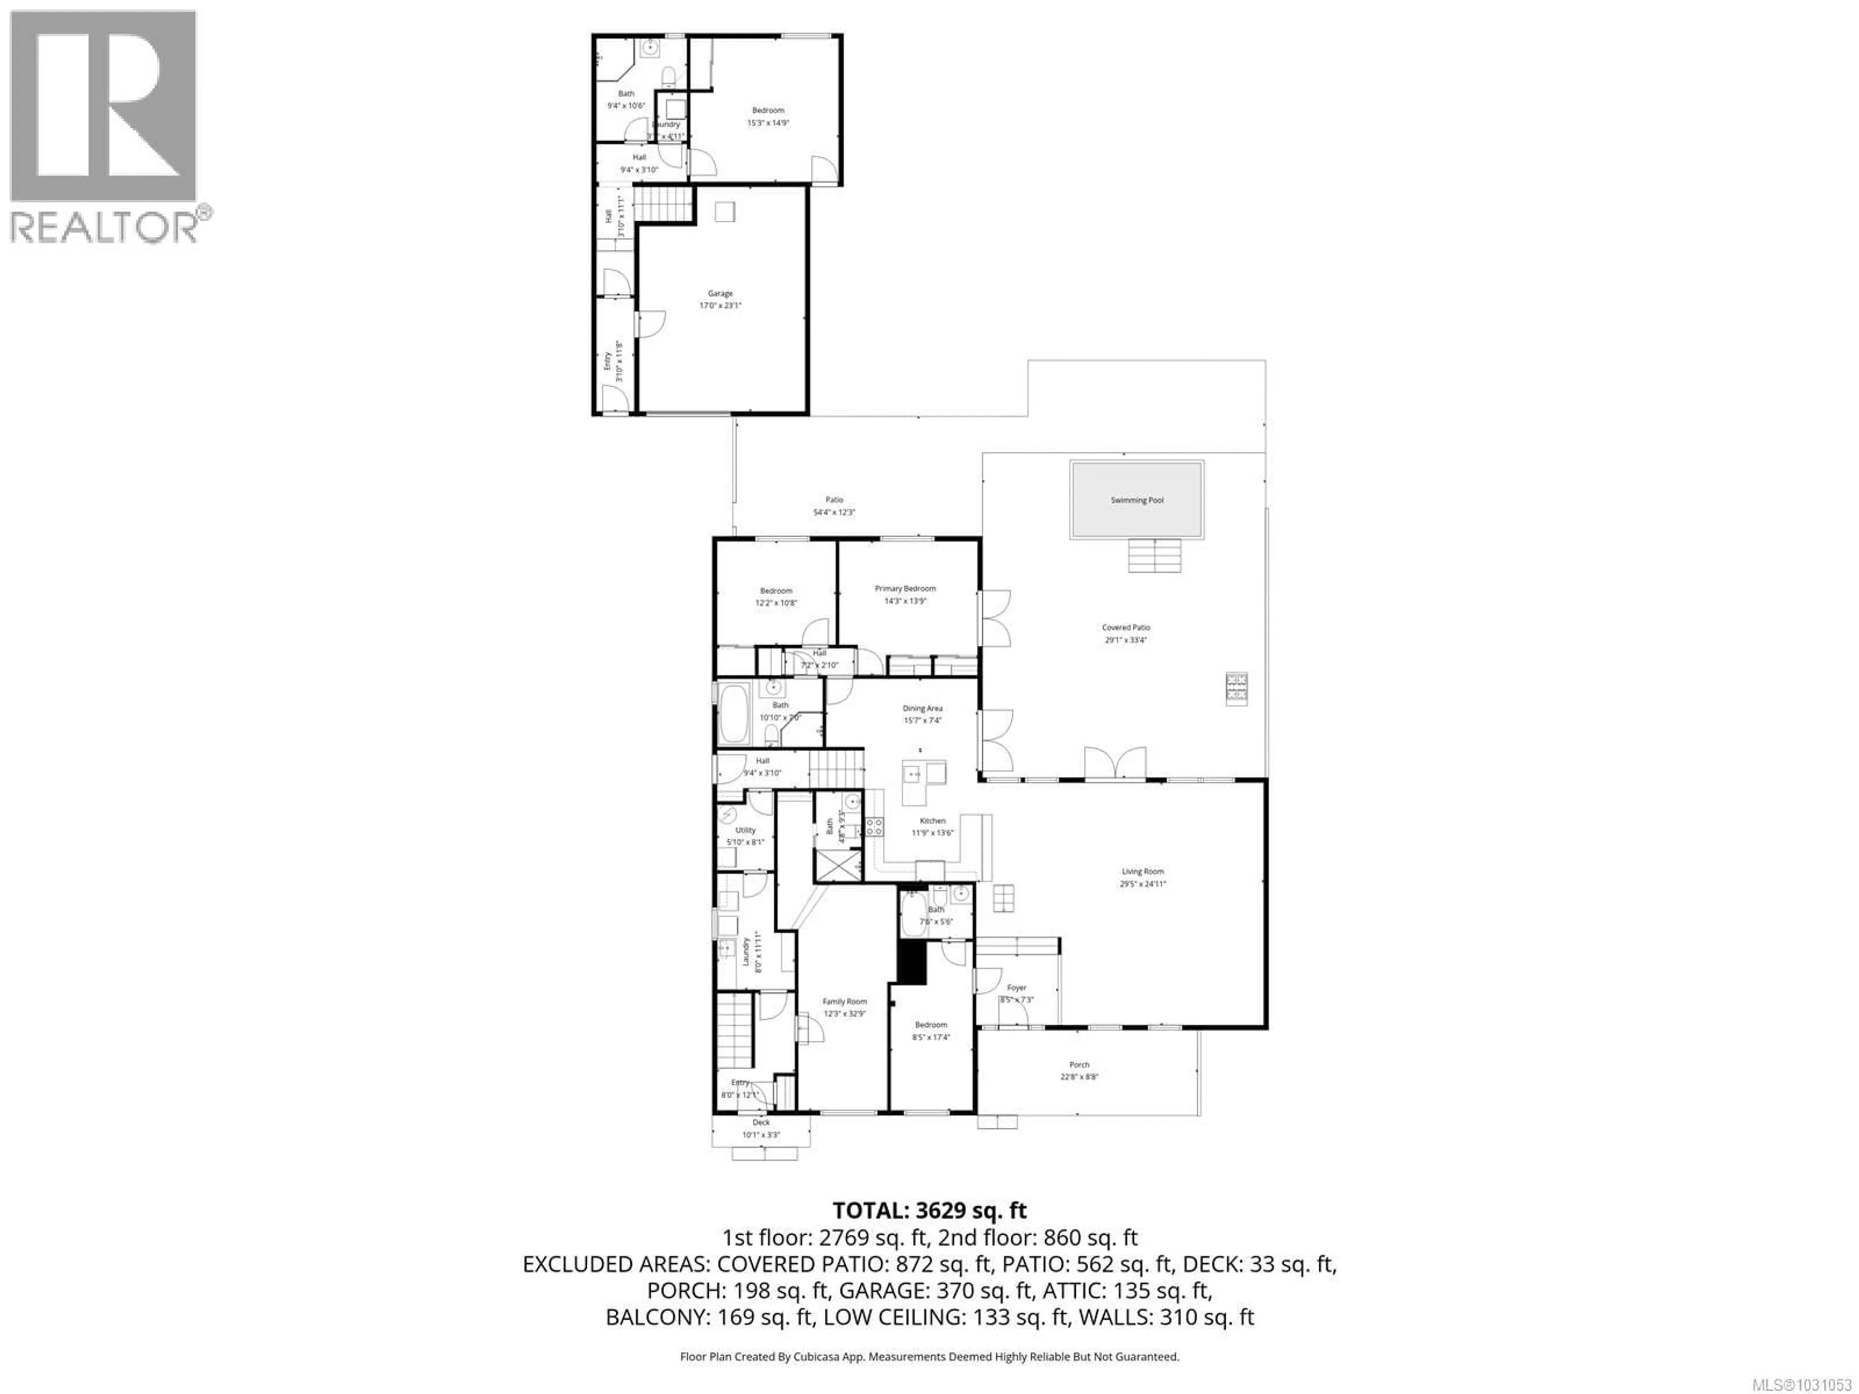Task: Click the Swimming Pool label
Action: pyautogui.click(x=1137, y=500)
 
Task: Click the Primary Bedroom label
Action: pyautogui.click(x=905, y=588)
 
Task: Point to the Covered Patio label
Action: pyautogui.click(x=1126, y=627)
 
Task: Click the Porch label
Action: pyautogui.click(x=1079, y=1064)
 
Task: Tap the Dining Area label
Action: pyautogui.click(x=922, y=708)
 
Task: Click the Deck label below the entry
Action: pyautogui.click(x=761, y=1122)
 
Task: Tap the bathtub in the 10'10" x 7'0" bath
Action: pyautogui.click(x=734, y=714)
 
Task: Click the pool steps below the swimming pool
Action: pyautogui.click(x=1155, y=555)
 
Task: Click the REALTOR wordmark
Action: pyautogui.click(x=105, y=227)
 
